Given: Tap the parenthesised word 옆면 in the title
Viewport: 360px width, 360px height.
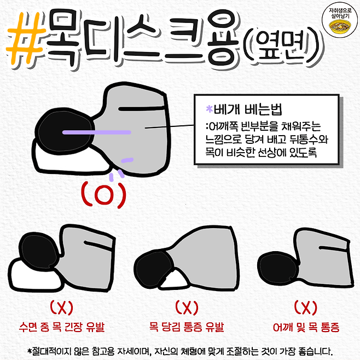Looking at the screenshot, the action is click(x=282, y=47).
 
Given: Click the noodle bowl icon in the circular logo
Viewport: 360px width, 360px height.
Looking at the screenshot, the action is click(x=340, y=27).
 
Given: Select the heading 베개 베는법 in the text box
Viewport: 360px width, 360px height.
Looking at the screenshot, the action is click(x=248, y=109).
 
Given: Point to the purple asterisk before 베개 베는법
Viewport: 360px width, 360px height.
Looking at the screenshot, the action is click(x=209, y=109).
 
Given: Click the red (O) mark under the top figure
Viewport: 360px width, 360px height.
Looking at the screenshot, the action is click(x=104, y=195).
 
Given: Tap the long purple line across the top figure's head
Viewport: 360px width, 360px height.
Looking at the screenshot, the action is click(x=97, y=132).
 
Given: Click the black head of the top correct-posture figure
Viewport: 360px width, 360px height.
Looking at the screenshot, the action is click(x=66, y=132).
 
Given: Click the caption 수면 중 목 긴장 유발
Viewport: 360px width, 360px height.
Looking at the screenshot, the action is click(x=62, y=327).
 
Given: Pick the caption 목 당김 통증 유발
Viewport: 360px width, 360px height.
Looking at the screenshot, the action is click(x=187, y=327).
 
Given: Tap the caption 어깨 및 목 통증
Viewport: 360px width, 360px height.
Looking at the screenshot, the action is click(x=306, y=327).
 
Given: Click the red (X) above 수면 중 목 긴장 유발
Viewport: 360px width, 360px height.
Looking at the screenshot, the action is click(x=61, y=308).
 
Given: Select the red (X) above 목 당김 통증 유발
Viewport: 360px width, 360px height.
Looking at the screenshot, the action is click(x=187, y=307).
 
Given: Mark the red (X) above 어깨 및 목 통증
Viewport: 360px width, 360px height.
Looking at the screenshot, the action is click(x=306, y=307).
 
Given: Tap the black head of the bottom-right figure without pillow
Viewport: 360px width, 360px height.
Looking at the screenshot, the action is click(x=277, y=268).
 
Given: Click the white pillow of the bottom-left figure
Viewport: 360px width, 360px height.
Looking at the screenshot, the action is click(x=34, y=276).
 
